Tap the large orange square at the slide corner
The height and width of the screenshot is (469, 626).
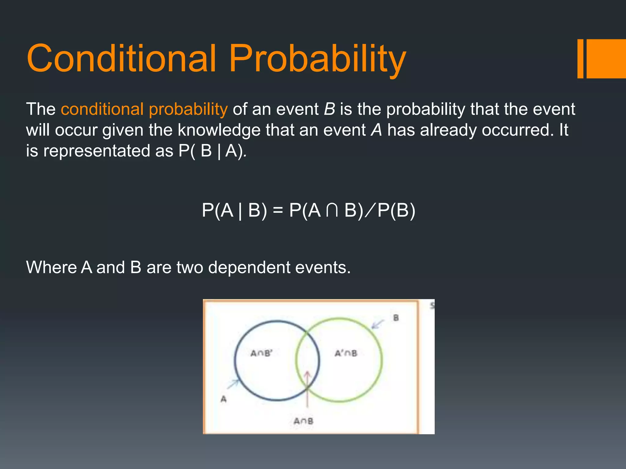(606, 59)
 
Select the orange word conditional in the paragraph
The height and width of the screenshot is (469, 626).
(102, 109)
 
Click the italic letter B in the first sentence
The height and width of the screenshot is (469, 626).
(329, 109)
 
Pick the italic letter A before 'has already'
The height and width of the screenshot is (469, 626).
(377, 130)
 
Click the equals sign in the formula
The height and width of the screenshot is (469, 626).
(278, 210)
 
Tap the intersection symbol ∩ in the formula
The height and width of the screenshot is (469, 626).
(332, 210)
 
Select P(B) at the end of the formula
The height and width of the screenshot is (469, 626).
(396, 210)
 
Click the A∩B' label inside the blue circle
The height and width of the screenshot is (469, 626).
(261, 353)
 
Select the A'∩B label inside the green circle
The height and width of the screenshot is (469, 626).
(346, 353)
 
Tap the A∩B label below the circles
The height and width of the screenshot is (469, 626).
(303, 421)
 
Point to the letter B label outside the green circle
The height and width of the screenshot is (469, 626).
(396, 318)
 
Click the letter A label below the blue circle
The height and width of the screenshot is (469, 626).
(223, 399)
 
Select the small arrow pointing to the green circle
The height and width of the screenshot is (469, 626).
(378, 324)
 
